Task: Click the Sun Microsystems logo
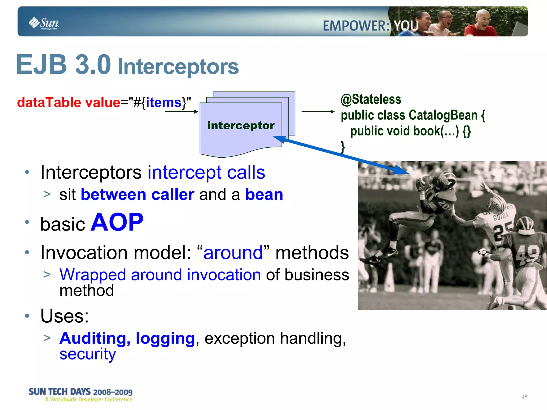click(44, 23)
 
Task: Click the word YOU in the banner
click(406, 26)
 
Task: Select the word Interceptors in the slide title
click(178, 67)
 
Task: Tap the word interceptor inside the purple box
click(241, 126)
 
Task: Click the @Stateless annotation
click(371, 100)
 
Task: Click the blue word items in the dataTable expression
click(163, 103)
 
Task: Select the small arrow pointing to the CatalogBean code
click(318, 112)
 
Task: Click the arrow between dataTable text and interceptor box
click(181, 112)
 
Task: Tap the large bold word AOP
click(117, 222)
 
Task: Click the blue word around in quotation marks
click(233, 253)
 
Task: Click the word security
click(88, 354)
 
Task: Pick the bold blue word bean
click(264, 194)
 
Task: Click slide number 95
click(524, 397)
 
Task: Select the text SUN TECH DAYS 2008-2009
click(80, 392)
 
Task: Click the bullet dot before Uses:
click(27, 316)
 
